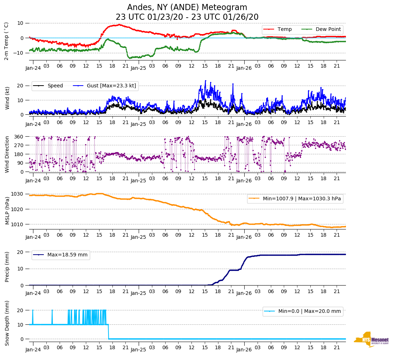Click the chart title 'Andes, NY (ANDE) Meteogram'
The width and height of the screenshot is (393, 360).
187,8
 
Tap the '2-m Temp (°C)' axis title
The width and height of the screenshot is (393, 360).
6,41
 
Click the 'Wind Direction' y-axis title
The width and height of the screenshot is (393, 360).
7,154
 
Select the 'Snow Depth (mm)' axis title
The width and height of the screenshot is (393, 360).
7,323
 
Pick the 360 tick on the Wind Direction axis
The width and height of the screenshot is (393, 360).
19,137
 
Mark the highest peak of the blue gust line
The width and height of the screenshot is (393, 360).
205,81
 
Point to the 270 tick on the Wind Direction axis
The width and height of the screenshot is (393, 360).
19,145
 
